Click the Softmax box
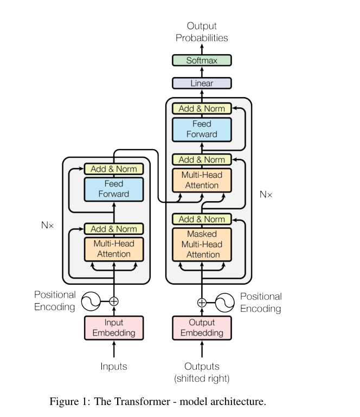(x=202, y=60)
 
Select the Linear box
(x=202, y=84)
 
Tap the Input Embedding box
(x=114, y=328)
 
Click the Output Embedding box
(x=202, y=328)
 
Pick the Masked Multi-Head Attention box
(x=202, y=244)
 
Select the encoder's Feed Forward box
(x=114, y=189)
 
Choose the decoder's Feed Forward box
(x=202, y=129)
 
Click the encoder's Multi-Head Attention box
(x=114, y=249)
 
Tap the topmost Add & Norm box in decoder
(x=202, y=108)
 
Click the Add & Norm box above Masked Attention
(x=202, y=219)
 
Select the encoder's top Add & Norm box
(x=114, y=169)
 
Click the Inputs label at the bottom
(x=114, y=367)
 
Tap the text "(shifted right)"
(x=202, y=378)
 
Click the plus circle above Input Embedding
(x=114, y=301)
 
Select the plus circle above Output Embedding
(x=202, y=303)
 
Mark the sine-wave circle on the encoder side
(x=91, y=301)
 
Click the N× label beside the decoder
(x=266, y=194)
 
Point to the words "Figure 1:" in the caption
(x=70, y=402)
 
